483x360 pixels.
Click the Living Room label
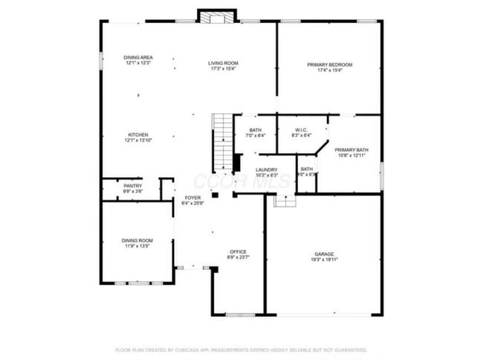click(x=223, y=63)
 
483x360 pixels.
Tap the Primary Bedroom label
click(x=330, y=65)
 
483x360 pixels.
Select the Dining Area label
click(x=138, y=57)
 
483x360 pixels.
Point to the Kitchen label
click(x=137, y=135)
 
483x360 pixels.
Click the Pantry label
click(x=133, y=186)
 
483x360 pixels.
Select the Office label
click(x=238, y=251)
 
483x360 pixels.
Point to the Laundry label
click(x=267, y=170)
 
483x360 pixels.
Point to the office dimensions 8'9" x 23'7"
click(x=238, y=257)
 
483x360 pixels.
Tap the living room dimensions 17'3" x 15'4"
click(x=223, y=69)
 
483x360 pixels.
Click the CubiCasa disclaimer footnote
click(x=241, y=349)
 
